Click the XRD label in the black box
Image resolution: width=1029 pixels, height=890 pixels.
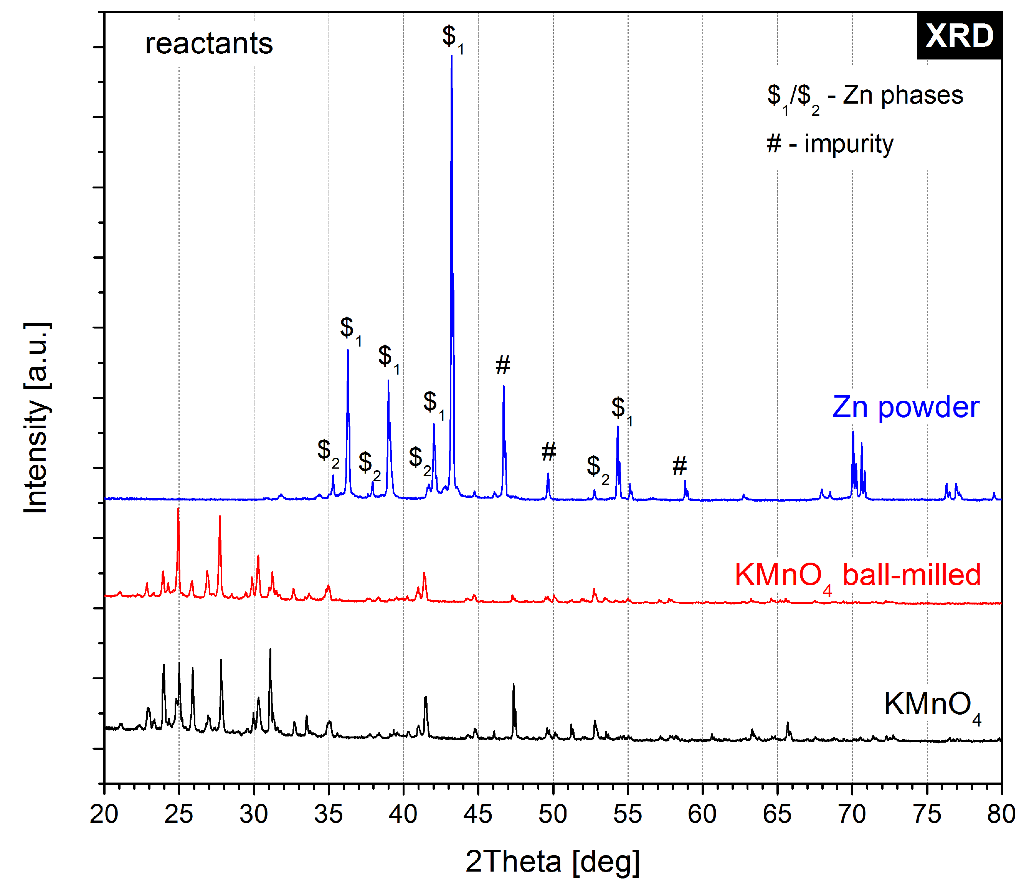click(959, 36)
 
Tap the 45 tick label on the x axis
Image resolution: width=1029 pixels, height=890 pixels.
click(478, 814)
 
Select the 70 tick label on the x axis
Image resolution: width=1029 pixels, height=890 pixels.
click(852, 814)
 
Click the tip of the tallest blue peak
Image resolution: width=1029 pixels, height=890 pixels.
click(451, 56)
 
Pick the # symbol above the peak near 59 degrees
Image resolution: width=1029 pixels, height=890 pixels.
click(679, 466)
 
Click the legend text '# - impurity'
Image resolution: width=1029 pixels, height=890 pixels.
click(829, 144)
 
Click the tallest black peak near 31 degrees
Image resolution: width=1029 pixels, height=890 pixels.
click(270, 650)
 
